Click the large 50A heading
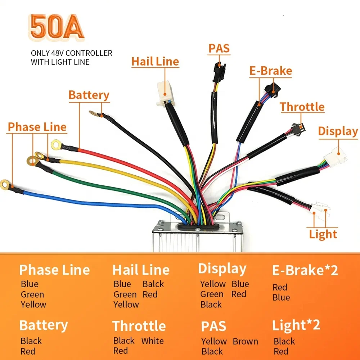(x=57, y=27)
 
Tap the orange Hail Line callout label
(x=155, y=61)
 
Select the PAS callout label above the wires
(x=219, y=48)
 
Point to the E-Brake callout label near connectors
(x=270, y=71)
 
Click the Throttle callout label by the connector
(x=302, y=107)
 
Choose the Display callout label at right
(x=338, y=131)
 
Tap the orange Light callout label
(x=323, y=234)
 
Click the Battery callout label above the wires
(x=89, y=95)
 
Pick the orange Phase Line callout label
(x=37, y=127)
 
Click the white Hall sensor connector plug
(x=166, y=93)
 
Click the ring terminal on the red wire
(x=56, y=145)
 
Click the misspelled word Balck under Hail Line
(x=153, y=284)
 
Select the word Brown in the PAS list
(x=245, y=341)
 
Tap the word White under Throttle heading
(x=152, y=341)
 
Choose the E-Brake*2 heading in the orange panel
(x=305, y=270)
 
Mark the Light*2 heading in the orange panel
(x=296, y=325)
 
